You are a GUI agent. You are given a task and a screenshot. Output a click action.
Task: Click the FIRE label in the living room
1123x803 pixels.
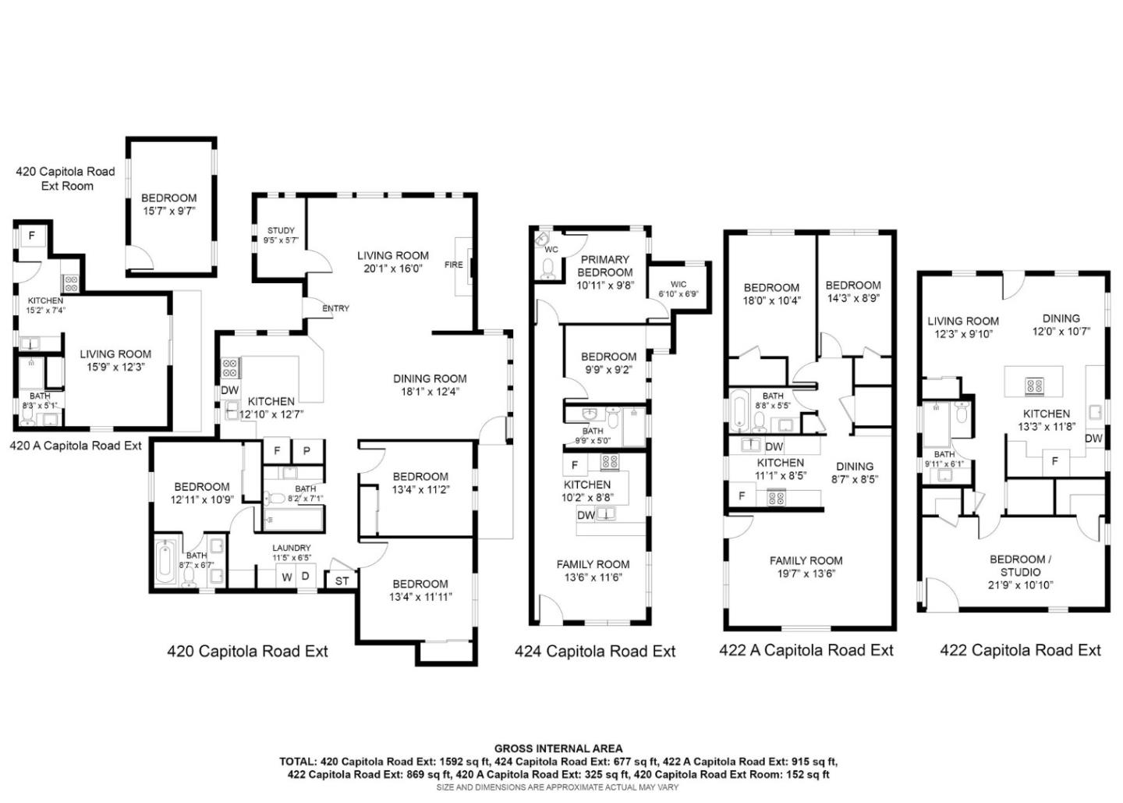(453, 265)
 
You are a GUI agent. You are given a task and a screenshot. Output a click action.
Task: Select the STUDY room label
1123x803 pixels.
(281, 230)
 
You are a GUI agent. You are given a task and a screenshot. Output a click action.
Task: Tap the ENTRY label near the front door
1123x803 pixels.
(335, 308)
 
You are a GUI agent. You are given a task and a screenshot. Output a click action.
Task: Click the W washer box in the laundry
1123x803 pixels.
(286, 577)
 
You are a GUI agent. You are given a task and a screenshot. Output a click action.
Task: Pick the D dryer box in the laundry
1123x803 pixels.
(306, 577)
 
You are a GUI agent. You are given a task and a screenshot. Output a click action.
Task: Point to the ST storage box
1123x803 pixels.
(342, 581)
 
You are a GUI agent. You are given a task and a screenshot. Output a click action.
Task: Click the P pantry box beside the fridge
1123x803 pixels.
(306, 451)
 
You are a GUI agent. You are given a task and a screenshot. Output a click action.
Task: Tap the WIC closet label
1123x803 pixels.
(678, 284)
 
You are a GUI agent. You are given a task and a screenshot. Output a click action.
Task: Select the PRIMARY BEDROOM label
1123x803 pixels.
(604, 265)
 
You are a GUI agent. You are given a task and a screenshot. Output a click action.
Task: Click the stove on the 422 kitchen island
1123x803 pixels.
(1034, 384)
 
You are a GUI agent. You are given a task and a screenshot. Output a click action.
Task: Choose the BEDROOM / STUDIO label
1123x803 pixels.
(1020, 565)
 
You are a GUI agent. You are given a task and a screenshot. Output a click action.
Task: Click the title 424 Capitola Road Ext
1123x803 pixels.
(594, 651)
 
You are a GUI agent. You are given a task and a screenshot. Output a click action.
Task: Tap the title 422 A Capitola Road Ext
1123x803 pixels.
(806, 650)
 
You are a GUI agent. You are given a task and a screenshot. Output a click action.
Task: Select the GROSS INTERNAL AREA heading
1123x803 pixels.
(558, 748)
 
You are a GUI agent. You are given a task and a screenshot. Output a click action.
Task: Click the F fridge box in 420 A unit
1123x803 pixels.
(32, 235)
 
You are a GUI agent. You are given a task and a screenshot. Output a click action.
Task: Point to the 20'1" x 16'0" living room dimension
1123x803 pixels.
(392, 268)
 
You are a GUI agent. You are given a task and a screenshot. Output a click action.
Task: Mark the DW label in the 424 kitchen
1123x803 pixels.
(586, 515)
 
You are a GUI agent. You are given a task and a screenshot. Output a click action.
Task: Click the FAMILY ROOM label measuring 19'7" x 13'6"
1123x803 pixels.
(806, 560)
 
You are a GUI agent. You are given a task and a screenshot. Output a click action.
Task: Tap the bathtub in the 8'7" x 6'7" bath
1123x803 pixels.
(167, 562)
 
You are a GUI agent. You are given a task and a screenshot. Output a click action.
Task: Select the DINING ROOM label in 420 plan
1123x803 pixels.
(429, 378)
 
